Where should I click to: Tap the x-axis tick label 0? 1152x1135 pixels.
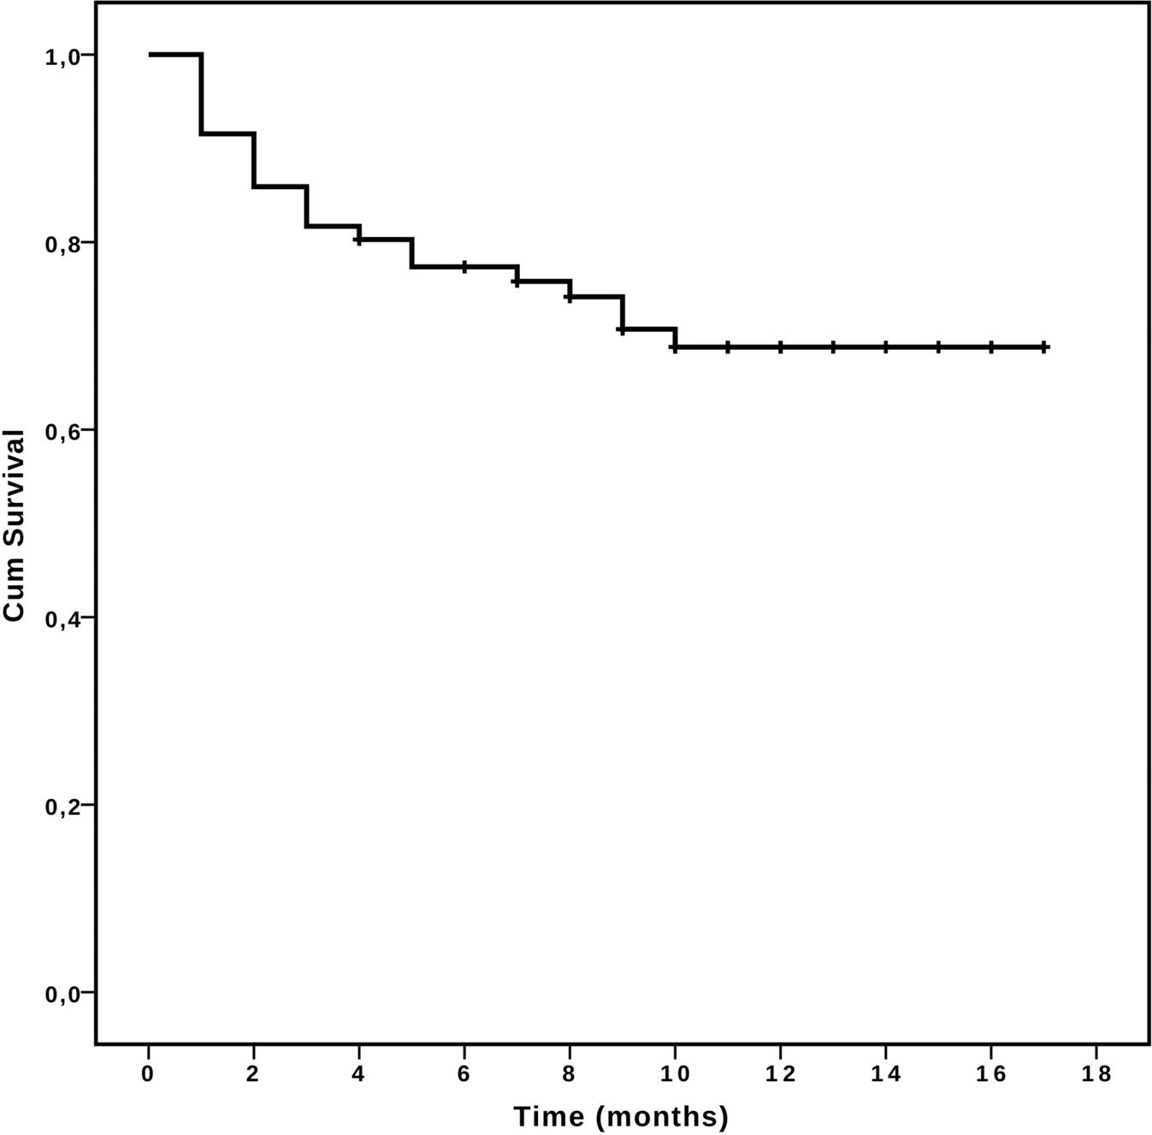click(149, 1073)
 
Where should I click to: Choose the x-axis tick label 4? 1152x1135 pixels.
click(359, 1073)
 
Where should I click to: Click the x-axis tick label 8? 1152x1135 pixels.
click(570, 1073)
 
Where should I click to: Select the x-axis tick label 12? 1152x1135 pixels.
click(781, 1073)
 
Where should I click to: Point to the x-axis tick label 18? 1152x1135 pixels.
click(1096, 1073)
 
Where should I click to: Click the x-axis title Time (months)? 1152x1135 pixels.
click(621, 1116)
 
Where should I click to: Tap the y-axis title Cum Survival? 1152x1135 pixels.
click(15, 525)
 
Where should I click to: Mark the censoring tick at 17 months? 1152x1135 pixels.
click(1044, 347)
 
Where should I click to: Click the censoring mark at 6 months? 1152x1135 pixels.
click(464, 267)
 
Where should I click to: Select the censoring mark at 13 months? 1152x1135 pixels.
click(833, 347)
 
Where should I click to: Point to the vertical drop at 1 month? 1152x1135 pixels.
click(202, 94)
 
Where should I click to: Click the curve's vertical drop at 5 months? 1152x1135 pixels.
click(412, 253)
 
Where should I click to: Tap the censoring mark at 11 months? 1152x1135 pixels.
click(728, 347)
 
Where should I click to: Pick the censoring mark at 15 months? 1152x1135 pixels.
click(938, 347)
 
